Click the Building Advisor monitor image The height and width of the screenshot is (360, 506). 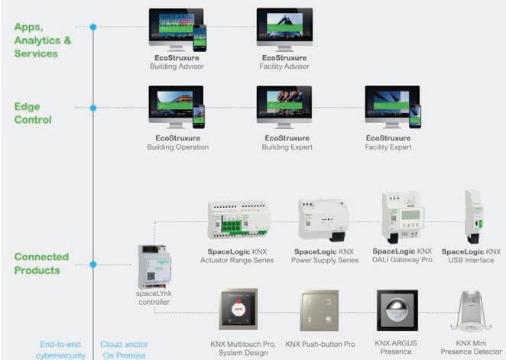tap(174, 28)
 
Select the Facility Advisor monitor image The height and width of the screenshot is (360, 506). tap(284, 28)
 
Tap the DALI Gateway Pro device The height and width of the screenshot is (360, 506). tap(402, 218)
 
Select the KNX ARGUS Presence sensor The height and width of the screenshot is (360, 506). tap(395, 310)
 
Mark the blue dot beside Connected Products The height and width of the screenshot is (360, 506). tap(93, 264)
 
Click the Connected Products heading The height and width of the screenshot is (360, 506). tap(42, 264)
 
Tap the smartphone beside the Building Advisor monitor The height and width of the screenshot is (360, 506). tap(200, 37)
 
